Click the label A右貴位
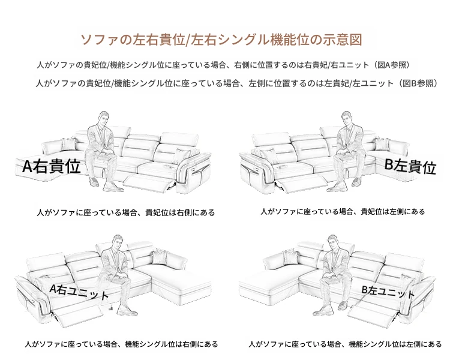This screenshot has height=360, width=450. click(x=52, y=166)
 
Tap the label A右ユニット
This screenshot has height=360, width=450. click(x=79, y=292)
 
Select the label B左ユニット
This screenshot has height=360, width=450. click(x=388, y=292)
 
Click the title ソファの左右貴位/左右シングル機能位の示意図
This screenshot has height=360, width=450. click(x=221, y=40)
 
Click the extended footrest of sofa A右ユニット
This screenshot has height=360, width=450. click(x=79, y=315)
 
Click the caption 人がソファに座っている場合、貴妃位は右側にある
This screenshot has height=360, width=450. click(x=126, y=213)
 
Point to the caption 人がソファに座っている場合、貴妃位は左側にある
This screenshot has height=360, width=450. click(x=343, y=212)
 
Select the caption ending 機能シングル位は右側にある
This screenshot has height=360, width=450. click(x=121, y=344)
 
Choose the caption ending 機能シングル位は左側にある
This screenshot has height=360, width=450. click(x=345, y=344)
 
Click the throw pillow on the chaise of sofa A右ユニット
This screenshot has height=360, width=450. click(x=159, y=257)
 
